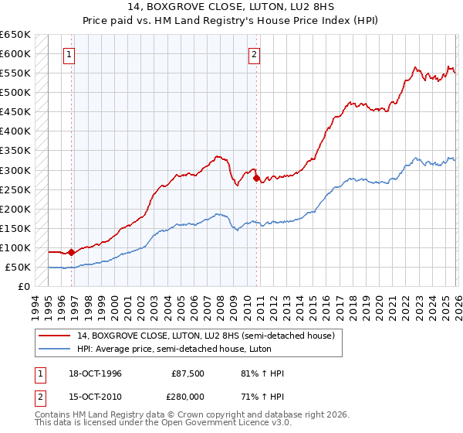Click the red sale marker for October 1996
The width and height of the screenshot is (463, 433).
coord(72,252)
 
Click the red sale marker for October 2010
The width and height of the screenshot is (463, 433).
coord(256,178)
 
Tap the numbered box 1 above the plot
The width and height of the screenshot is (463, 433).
coord(70,54)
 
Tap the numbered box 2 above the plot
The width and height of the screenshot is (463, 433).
coord(254,54)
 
